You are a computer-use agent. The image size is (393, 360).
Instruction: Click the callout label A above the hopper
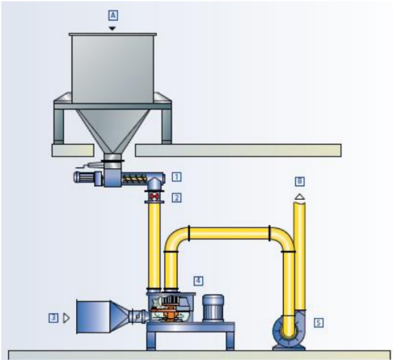pos(114,15)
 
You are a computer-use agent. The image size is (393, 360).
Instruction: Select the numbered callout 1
pos(177,175)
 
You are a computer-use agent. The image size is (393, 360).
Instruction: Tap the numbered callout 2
pos(177,196)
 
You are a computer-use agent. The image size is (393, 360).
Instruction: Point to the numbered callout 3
pos(53,318)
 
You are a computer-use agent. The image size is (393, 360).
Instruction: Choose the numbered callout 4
pos(197,280)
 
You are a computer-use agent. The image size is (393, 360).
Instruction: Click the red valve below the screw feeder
pos(154,196)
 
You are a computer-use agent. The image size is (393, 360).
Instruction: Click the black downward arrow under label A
pos(114,27)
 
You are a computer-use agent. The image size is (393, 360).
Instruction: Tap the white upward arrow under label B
pos(299,196)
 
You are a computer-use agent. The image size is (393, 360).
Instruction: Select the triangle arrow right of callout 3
pos(65,318)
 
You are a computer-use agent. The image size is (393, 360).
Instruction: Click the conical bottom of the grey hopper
pos(114,129)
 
